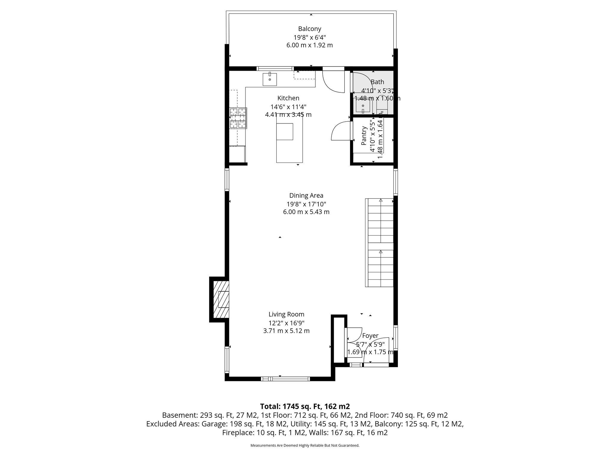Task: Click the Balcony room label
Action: pyautogui.click(x=309, y=29)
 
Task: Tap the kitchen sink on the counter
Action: pyautogui.click(x=270, y=79)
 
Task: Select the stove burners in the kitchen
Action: pyautogui.click(x=238, y=118)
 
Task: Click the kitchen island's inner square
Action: pyautogui.click(x=284, y=131)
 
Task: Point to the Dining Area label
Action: pyautogui.click(x=306, y=196)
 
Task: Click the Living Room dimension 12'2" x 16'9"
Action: pyautogui.click(x=286, y=323)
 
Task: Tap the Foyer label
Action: pyautogui.click(x=370, y=336)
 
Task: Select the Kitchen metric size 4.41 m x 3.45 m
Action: pyautogui.click(x=288, y=114)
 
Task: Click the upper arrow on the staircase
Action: pyautogui.click(x=380, y=201)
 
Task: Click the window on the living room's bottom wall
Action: pyautogui.click(x=285, y=379)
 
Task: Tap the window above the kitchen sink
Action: pyautogui.click(x=275, y=69)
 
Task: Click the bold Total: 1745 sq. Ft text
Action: pyautogui.click(x=305, y=406)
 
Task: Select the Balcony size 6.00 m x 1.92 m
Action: pyautogui.click(x=309, y=45)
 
